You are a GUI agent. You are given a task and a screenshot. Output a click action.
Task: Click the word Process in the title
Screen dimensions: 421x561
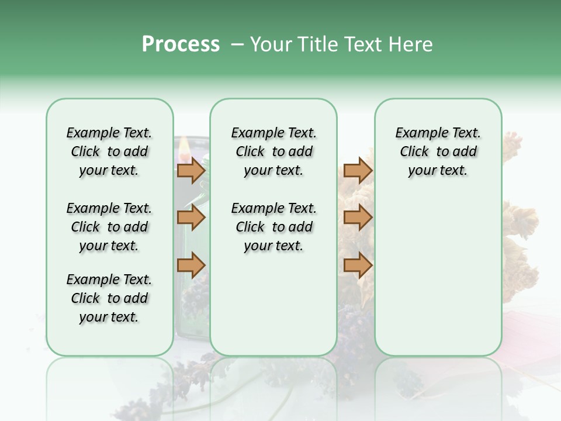point(181,44)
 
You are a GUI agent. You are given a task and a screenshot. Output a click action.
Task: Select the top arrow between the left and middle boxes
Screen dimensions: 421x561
point(191,171)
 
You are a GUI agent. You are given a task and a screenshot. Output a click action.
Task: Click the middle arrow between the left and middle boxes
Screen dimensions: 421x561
point(191,218)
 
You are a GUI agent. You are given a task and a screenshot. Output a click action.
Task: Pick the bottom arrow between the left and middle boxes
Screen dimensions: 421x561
point(191,265)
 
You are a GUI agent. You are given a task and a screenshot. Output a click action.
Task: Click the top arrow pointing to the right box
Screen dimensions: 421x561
point(358,171)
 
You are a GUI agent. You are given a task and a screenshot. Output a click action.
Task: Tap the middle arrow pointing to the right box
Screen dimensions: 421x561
point(358,218)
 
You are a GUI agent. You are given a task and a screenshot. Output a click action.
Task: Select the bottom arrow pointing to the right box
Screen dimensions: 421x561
point(358,265)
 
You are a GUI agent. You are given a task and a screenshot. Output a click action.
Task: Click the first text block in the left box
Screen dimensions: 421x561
point(109,151)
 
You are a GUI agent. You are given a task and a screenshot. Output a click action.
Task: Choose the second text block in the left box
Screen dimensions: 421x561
point(109,227)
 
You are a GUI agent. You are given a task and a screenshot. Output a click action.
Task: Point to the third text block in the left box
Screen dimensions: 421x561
point(109,298)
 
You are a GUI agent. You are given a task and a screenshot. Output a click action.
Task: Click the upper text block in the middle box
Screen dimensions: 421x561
point(273,151)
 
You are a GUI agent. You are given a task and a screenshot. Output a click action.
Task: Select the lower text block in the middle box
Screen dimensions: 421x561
point(273,227)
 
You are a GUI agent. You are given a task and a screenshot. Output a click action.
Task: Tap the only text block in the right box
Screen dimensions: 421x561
point(438,151)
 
